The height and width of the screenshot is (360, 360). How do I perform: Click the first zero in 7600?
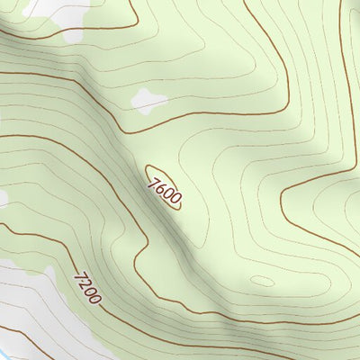(x=166, y=191)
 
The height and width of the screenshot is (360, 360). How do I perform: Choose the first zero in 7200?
(x=87, y=289)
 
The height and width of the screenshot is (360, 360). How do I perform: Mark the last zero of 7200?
(x=93, y=297)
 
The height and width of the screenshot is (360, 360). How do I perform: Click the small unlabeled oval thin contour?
(x=262, y=281)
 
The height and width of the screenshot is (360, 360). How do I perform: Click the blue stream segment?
(x=4, y=352)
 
